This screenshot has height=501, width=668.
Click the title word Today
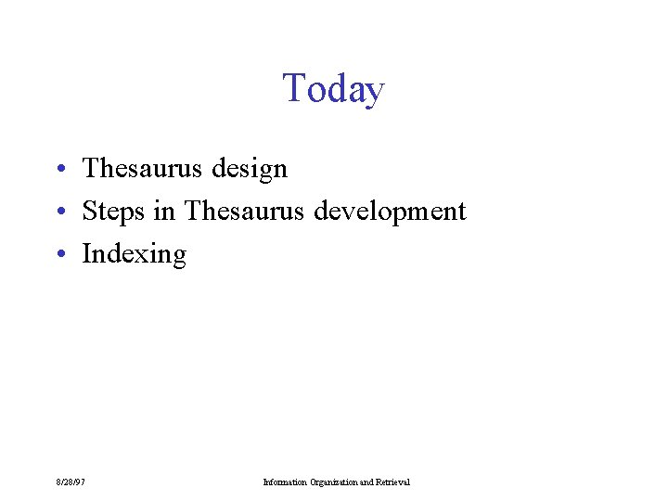tap(333, 89)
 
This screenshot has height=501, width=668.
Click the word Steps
tap(113, 212)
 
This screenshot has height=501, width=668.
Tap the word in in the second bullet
tap(164, 211)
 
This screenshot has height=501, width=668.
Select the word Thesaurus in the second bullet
tap(244, 211)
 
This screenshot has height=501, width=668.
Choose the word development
tap(390, 212)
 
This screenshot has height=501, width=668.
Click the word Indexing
tap(135, 254)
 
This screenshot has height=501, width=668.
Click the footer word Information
tap(285, 482)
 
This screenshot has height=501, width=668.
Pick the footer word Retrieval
tap(393, 482)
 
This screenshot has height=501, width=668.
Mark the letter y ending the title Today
tap(374, 92)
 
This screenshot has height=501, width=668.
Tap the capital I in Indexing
tap(87, 253)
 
